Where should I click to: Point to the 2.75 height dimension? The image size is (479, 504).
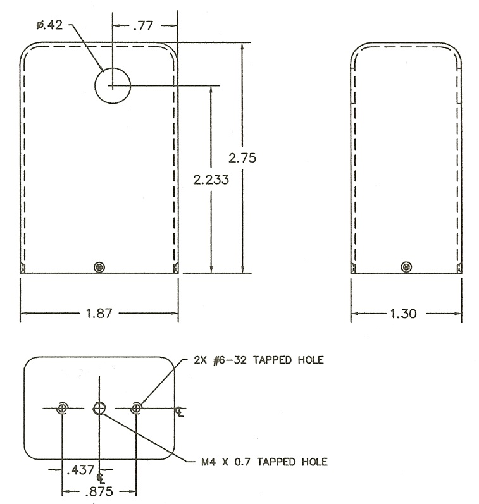[244, 157]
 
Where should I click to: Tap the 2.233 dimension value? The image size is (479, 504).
[211, 180]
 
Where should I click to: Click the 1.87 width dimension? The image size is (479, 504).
[99, 313]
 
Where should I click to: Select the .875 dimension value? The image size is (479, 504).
[99, 491]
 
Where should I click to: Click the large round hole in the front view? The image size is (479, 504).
[112, 85]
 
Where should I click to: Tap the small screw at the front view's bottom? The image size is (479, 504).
[98, 266]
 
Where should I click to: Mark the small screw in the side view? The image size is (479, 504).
[405, 266]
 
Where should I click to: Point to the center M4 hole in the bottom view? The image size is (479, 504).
[99, 409]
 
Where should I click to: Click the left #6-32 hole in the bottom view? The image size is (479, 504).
[62, 409]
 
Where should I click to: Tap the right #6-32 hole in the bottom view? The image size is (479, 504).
[137, 409]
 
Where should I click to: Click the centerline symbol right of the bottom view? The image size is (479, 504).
[180, 412]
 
